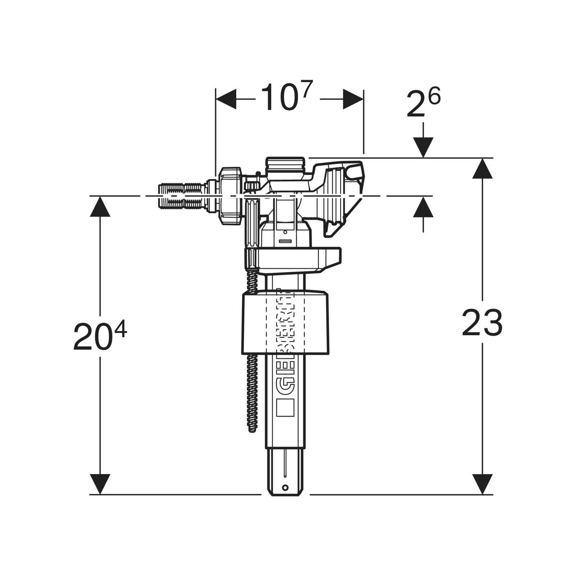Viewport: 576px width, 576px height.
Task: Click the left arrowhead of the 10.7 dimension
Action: coord(226,99)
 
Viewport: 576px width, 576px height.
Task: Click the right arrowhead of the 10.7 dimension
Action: coord(353,99)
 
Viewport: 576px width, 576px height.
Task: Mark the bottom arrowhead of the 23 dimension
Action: coord(482,484)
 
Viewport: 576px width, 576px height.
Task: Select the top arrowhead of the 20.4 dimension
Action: coord(100,207)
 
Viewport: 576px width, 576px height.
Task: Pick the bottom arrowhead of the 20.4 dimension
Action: coord(100,484)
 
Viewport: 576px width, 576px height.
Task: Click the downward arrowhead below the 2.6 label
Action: coord(423,147)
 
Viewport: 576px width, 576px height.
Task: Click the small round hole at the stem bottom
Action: coord(285,488)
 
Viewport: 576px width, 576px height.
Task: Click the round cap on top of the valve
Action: coord(285,165)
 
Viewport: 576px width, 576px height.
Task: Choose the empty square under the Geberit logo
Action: coord(285,408)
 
